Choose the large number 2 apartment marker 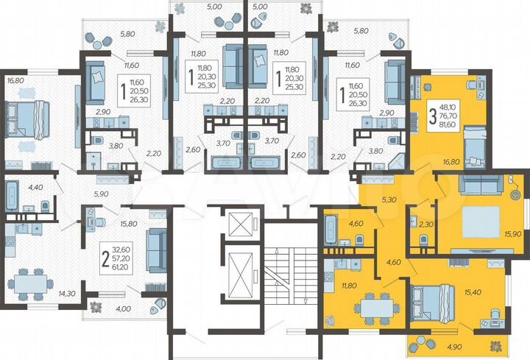[x=106, y=258]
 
